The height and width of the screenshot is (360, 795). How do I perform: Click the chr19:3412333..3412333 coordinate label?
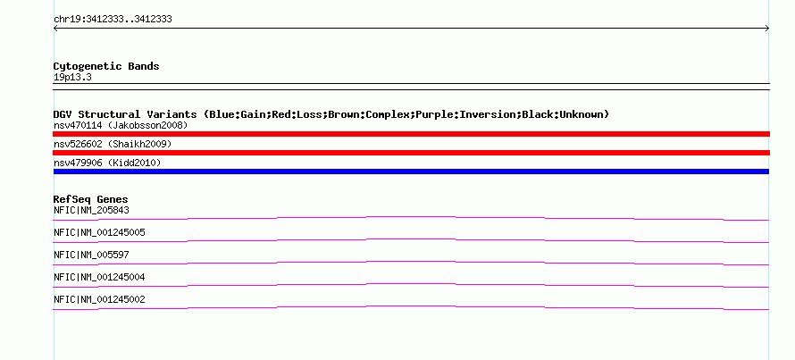coord(113,20)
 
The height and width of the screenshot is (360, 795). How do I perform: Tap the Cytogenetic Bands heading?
coord(106,66)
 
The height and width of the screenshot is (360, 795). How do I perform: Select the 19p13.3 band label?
coord(72,78)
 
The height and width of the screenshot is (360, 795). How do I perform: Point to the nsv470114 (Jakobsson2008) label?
coord(121,125)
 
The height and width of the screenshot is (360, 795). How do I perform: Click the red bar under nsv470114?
coord(411,134)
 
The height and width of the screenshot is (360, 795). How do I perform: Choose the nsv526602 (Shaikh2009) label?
coord(113,144)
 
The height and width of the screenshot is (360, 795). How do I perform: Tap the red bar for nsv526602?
coord(411,153)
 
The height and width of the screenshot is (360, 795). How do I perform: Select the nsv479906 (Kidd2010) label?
coord(107,163)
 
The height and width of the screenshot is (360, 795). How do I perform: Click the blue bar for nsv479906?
coord(411,172)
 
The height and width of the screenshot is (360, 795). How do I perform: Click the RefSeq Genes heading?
coord(91,199)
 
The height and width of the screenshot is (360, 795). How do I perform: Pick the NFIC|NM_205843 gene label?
coord(88,211)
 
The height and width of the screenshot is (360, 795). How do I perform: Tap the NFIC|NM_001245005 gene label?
coord(99,233)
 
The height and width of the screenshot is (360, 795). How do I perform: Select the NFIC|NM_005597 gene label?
coord(91,255)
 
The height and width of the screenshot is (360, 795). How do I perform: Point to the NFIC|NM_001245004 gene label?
coord(99,277)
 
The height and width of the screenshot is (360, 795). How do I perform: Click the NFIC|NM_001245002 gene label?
coord(99,299)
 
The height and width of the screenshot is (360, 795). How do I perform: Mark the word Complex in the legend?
coord(388,114)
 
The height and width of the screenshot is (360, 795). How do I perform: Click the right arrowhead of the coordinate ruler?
coord(768,29)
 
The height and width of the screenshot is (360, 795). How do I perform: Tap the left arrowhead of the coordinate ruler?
coord(54,29)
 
